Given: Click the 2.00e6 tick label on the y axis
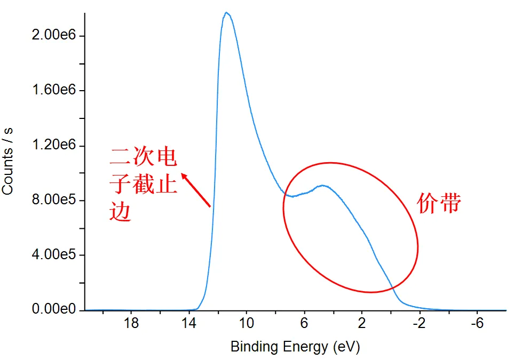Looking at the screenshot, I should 54,36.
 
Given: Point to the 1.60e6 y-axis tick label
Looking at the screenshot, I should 54,91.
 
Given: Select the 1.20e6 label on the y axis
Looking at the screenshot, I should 54,146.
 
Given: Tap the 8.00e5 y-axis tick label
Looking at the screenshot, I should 54,201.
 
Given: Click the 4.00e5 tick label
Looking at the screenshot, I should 54,255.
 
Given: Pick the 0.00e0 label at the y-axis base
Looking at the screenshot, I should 54,310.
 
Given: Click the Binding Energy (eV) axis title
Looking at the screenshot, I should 295,347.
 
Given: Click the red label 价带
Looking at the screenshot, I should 439,204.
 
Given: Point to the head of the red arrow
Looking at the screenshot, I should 182,174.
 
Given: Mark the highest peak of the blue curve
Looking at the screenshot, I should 227,13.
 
